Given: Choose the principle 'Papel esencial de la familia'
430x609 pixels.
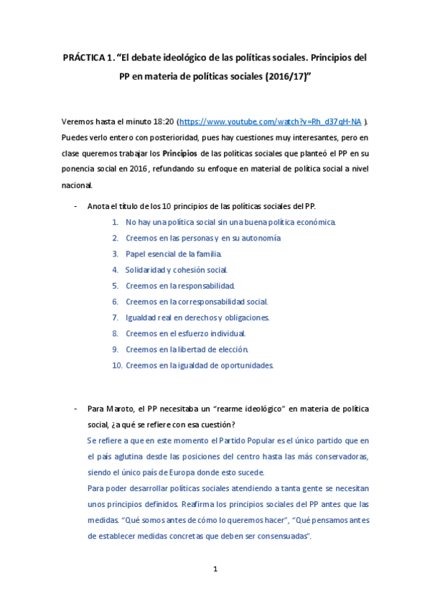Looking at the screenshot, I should [173, 254].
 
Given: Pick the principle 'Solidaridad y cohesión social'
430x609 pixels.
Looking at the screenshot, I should [176, 270].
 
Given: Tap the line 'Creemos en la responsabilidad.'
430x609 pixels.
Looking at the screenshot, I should [179, 286].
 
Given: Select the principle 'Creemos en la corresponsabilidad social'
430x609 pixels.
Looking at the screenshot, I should [196, 302].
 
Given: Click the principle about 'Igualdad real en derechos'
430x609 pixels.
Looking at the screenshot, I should [197, 317].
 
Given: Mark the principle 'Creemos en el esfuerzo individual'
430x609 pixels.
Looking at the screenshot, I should [185, 333].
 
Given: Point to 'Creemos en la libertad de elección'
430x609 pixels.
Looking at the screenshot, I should [187, 349].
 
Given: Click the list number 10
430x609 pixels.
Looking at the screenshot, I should [117, 365].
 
